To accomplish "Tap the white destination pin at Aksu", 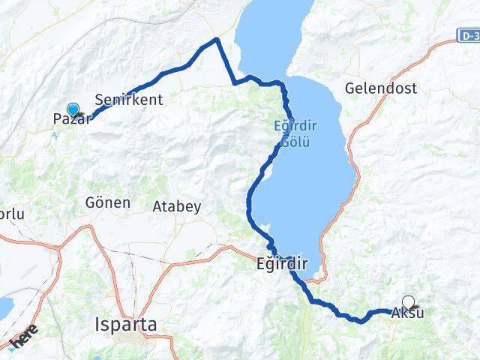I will tap(408, 301).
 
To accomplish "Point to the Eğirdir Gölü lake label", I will tap(289, 133).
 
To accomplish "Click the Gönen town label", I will tap(108, 202).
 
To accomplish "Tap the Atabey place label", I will tap(176, 206).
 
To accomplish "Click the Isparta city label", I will tap(126, 325).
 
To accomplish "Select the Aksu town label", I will tap(407, 313).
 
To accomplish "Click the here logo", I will tap(25, 340).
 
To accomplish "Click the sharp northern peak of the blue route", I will tap(217, 39).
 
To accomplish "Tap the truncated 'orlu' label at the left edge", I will tap(12, 214).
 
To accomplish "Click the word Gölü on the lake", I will tap(289, 141).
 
